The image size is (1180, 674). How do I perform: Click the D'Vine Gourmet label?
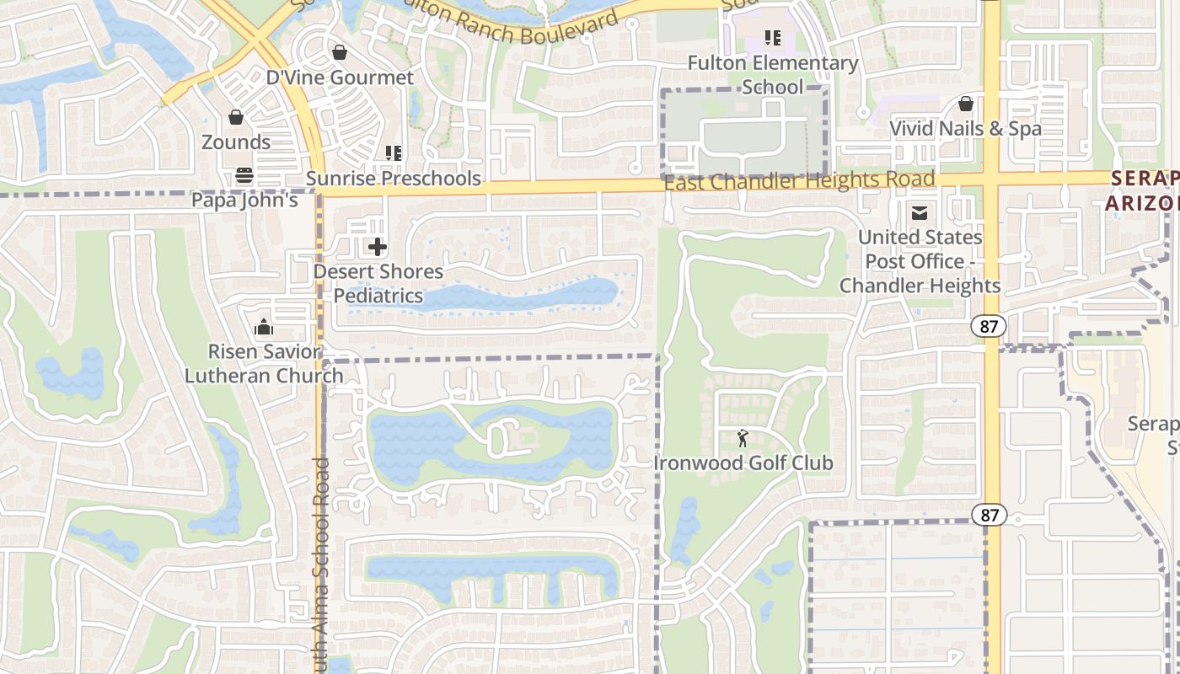point(340,78)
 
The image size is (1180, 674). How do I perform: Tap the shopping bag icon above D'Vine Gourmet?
point(340,53)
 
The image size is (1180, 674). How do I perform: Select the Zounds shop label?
point(236,142)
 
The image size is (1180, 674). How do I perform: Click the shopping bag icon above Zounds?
point(236,117)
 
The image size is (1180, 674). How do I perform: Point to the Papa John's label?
point(244,200)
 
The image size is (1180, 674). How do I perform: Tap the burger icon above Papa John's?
point(244,175)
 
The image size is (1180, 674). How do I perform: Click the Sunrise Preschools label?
point(393,178)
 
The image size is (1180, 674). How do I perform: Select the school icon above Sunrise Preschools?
point(393,153)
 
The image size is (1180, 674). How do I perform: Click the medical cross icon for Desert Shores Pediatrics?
point(378,247)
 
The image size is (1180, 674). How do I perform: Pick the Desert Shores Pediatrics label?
point(378,284)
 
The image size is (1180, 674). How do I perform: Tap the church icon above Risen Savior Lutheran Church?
point(264,327)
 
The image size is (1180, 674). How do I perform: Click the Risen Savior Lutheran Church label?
point(264,363)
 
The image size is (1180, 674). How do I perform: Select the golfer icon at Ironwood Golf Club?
point(743,438)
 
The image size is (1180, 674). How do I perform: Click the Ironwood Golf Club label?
point(743,463)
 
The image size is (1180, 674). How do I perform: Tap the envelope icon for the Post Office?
point(920,213)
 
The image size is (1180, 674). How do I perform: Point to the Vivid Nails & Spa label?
point(965,129)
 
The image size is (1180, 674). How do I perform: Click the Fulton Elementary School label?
point(773,75)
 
